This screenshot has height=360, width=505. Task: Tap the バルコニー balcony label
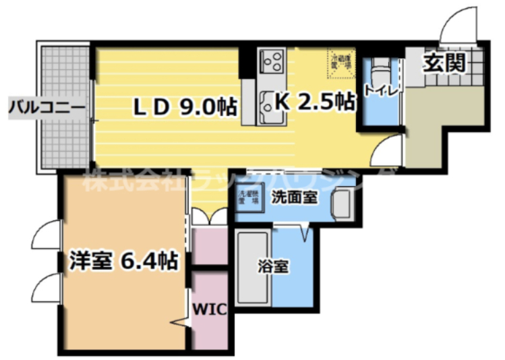click(x=46, y=107)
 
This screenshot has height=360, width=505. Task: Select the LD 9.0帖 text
click(x=183, y=105)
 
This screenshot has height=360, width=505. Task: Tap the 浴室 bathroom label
click(x=274, y=266)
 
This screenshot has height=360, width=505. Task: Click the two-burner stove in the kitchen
click(x=272, y=63)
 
